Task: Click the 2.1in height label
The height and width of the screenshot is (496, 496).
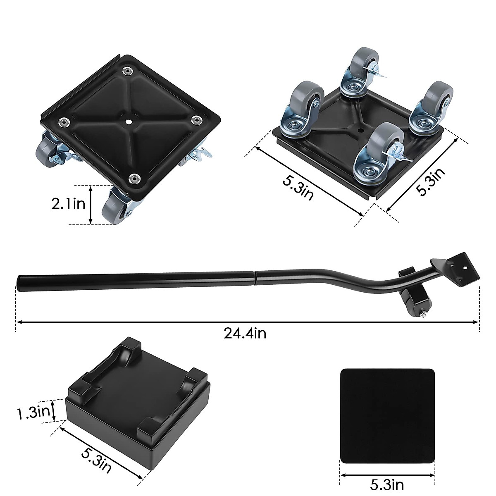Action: coord(68,204)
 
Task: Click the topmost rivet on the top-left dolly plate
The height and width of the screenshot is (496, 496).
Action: coord(126,71)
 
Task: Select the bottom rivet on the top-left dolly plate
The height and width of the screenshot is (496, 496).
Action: coord(134,178)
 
